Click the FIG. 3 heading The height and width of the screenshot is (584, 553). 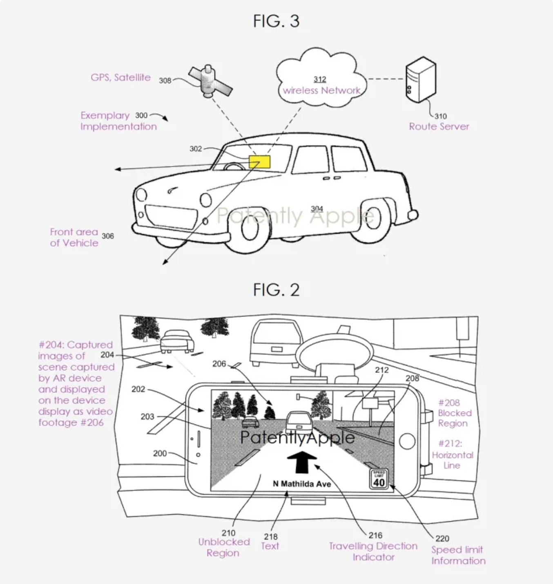click(x=276, y=21)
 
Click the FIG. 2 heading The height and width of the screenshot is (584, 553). click(x=276, y=290)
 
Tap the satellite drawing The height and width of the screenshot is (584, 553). click(x=210, y=81)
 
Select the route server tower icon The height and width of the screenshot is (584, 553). click(x=421, y=80)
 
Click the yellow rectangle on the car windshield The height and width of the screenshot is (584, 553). click(x=259, y=161)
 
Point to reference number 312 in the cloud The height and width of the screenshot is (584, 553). click(x=320, y=79)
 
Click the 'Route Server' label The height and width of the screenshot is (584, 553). click(x=439, y=126)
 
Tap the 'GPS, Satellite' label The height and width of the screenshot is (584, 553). click(x=121, y=77)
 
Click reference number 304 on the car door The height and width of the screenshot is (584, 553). click(x=317, y=208)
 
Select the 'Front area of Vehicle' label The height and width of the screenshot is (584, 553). click(x=74, y=237)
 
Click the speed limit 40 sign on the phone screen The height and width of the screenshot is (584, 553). click(x=379, y=478)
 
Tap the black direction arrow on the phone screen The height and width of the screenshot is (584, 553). click(x=302, y=462)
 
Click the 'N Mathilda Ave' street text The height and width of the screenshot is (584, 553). click(x=302, y=484)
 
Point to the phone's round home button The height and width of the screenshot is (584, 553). click(x=407, y=441)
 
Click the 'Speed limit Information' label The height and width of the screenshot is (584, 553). click(x=458, y=555)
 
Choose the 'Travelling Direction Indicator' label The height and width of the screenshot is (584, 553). click(x=373, y=552)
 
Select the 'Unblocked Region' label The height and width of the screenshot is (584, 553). click(x=224, y=547)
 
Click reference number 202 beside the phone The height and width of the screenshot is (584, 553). click(x=138, y=389)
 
